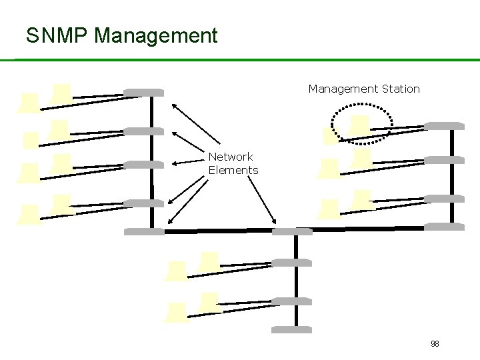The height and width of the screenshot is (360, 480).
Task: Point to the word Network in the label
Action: (x=230, y=157)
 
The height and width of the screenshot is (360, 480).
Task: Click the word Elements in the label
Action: (x=233, y=170)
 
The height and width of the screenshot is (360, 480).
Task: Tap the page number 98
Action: (x=435, y=344)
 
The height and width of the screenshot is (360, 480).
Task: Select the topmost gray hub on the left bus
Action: (x=143, y=93)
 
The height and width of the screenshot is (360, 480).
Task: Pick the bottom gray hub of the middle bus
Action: (x=292, y=330)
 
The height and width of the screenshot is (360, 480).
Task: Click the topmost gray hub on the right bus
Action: (x=445, y=125)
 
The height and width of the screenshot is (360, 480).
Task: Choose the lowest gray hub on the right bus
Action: (x=445, y=227)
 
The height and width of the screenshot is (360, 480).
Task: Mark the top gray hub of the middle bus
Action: (x=292, y=231)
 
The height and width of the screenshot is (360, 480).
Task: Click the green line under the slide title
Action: (x=240, y=60)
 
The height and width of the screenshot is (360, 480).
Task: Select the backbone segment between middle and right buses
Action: (x=367, y=229)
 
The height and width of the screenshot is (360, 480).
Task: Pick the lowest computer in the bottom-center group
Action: (x=177, y=312)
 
